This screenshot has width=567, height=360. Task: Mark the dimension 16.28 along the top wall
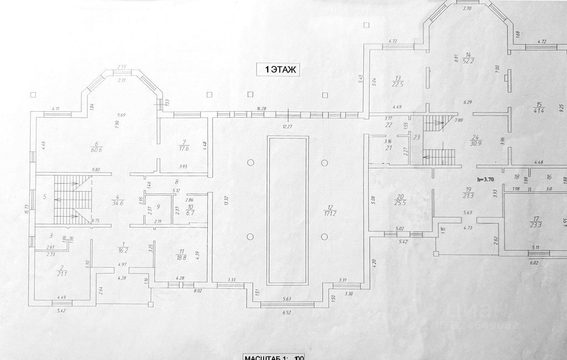click(x=261, y=108)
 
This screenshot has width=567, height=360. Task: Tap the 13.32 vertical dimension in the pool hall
click(x=226, y=201)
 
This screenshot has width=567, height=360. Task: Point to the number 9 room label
click(x=158, y=207)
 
